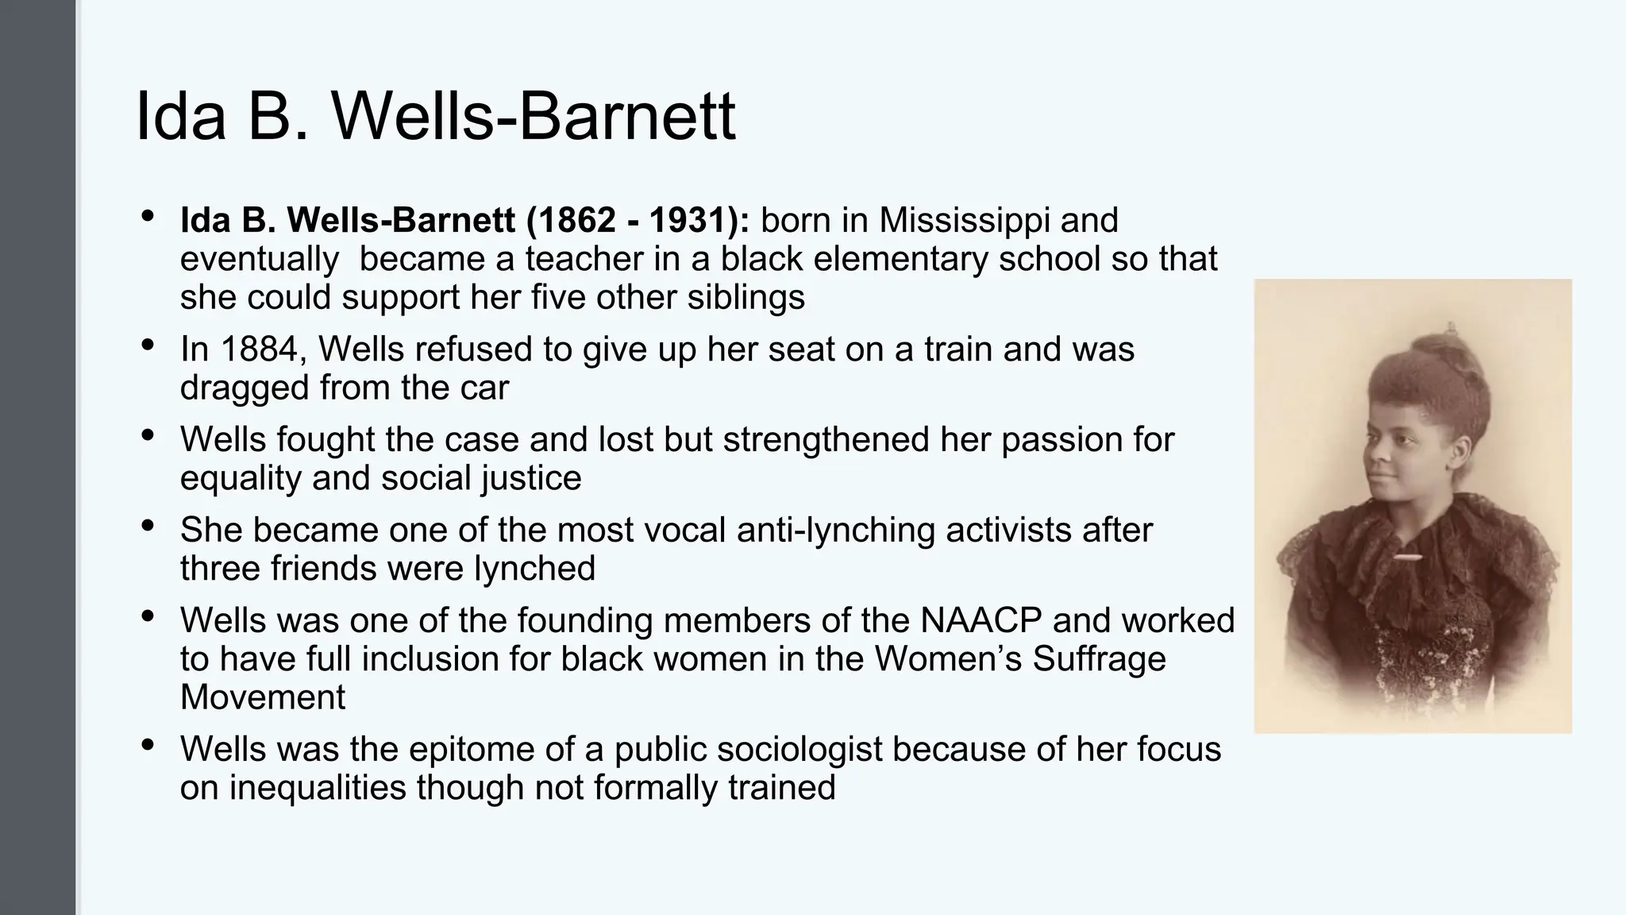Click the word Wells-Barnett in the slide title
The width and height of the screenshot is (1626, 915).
pos(534,117)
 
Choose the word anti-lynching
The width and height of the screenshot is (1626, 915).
pos(836,530)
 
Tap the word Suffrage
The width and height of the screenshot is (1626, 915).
pos(1099,659)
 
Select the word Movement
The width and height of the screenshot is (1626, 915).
pos(263,697)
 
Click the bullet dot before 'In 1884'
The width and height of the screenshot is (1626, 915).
pos(148,346)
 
